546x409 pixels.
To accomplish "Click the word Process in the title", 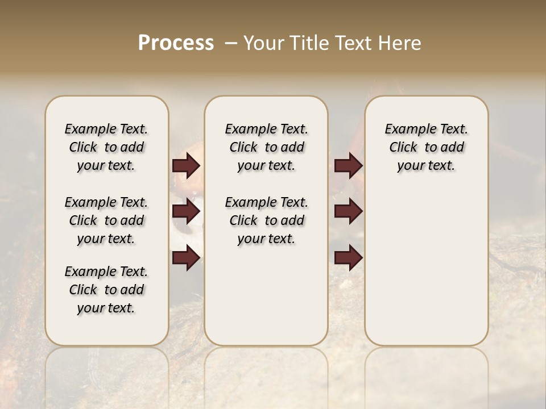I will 176,43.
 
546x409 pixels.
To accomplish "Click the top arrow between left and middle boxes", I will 186,166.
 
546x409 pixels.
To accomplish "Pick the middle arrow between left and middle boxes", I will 186,212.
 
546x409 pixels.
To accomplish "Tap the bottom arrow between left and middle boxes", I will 186,258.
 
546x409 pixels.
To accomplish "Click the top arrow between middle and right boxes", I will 348,166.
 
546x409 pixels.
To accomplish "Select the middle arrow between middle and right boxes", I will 348,212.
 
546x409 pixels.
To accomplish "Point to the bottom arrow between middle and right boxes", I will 348,258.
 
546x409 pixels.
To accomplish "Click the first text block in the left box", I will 106,147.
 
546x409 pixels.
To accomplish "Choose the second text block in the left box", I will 106,220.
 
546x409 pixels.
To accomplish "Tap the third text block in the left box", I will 106,290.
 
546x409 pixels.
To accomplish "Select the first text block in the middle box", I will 266,147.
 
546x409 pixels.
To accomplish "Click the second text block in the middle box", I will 266,220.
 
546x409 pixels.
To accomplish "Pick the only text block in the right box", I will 426,147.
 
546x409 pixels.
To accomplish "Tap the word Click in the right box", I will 403,148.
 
